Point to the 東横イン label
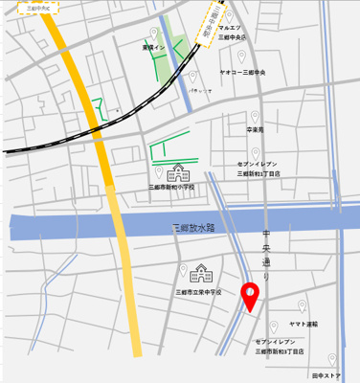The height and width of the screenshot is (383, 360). (x=153, y=47)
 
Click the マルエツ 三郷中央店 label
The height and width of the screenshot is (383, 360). (x=233, y=34)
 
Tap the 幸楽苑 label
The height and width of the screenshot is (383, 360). (x=254, y=128)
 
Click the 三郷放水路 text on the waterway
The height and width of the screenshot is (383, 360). (x=192, y=229)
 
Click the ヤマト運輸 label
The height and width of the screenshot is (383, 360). (x=303, y=325)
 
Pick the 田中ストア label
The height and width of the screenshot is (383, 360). (x=326, y=376)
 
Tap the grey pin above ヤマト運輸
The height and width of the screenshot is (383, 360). (x=303, y=307)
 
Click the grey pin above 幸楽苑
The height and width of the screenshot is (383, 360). (x=255, y=113)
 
